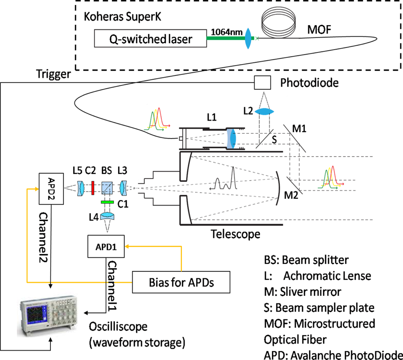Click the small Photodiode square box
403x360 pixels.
262,83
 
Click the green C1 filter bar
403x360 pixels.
107,202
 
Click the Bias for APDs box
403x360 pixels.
181,282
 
